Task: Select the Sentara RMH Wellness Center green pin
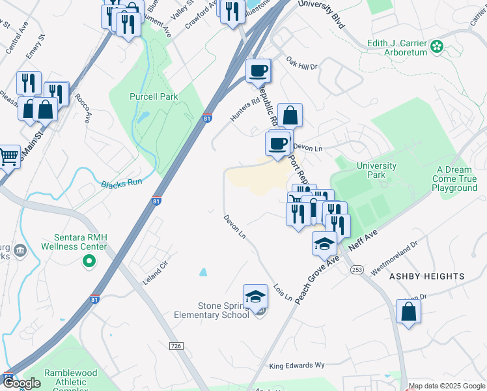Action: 89,262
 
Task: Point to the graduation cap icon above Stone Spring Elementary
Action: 256,296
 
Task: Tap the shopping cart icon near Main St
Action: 8,156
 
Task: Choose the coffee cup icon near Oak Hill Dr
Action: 258,70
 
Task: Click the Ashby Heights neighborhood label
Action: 426,276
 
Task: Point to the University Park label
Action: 376,170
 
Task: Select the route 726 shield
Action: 175,345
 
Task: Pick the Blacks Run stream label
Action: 122,184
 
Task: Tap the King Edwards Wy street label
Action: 296,366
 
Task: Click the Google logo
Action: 23,383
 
